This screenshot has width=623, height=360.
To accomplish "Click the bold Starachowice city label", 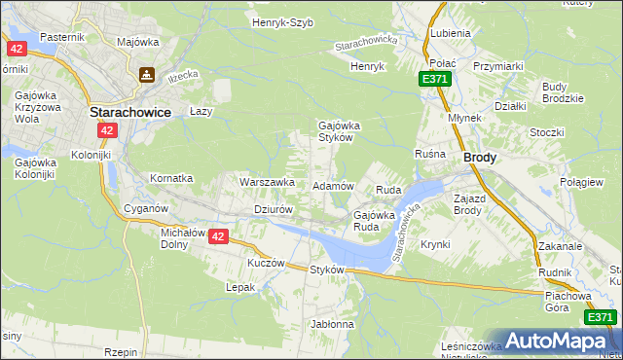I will pos(130,112).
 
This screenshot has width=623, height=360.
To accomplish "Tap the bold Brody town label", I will pos(481,157).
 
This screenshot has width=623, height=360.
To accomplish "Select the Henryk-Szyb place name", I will pos(282,22).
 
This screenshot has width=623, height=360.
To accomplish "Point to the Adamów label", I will pos(332,185).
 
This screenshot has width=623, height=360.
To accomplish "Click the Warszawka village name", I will pos(267,182).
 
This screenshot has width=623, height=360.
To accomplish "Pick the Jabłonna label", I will pos(332,324).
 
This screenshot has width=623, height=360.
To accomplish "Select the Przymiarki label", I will pos(498,66).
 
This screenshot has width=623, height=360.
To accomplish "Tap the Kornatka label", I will pos(171,179).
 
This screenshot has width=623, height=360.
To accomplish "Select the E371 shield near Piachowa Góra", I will pos(600,317).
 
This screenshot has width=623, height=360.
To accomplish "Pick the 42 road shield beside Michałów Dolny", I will pos(218,236).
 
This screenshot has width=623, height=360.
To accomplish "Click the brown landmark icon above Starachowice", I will pos(147,73).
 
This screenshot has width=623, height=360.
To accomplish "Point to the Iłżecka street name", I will pos(182,74).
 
